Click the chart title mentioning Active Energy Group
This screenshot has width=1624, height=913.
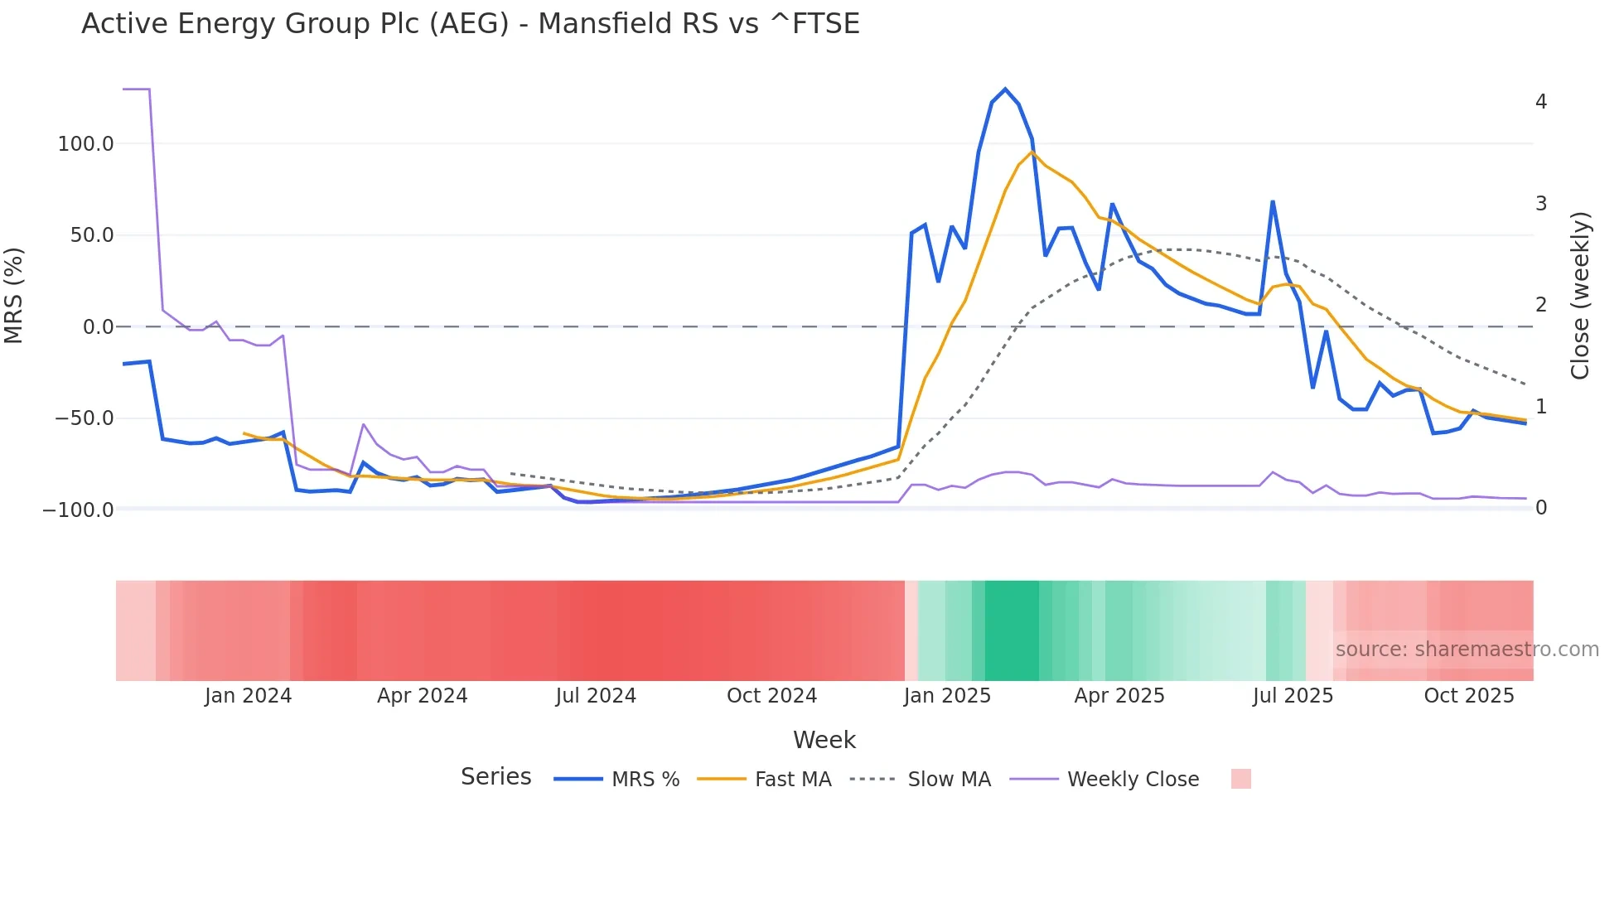point(470,24)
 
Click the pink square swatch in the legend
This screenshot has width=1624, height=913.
point(1240,779)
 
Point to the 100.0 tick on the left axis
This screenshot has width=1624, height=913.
point(85,144)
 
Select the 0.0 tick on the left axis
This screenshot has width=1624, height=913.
point(98,327)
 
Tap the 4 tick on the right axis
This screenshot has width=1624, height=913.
point(1541,102)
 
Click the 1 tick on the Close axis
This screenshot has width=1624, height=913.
point(1541,407)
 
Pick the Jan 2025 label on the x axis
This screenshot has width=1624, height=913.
point(947,696)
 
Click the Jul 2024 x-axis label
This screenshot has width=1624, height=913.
point(596,696)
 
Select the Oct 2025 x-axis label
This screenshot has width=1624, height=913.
point(1468,696)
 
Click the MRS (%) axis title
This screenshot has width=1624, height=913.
point(14,295)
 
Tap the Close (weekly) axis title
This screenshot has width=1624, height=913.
point(1580,296)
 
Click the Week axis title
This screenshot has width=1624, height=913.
point(824,740)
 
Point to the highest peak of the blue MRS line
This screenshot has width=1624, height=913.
point(1005,89)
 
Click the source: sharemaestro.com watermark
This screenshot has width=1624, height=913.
point(1467,650)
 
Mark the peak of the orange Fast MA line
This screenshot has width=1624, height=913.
point(1032,152)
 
